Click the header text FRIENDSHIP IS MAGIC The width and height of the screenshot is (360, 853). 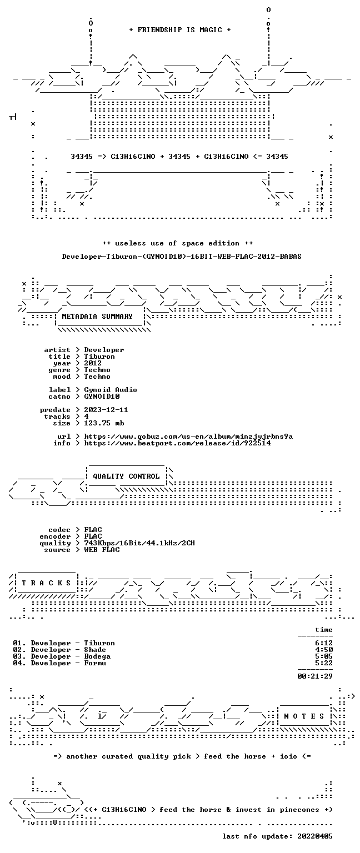(x=180, y=29)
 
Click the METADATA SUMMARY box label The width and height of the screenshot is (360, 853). (x=97, y=317)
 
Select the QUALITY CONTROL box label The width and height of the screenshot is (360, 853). (x=126, y=476)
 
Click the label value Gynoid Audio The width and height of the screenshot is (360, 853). (x=111, y=390)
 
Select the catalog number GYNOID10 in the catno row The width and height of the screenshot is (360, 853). (x=102, y=397)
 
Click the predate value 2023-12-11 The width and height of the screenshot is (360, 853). (x=106, y=410)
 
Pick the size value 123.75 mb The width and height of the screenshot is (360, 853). (x=104, y=423)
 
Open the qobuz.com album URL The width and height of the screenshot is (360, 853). (x=188, y=436)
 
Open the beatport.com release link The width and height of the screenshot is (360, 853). (x=178, y=443)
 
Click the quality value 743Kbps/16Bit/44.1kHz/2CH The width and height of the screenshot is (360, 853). (x=139, y=543)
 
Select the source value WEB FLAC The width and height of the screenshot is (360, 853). (x=102, y=550)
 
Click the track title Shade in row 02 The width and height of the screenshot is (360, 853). (x=95, y=650)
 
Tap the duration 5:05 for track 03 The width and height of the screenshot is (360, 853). (x=324, y=656)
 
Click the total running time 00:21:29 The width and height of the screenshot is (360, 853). (x=315, y=676)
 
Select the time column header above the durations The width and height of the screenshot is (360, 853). (x=324, y=630)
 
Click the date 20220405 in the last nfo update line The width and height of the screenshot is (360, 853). (x=315, y=836)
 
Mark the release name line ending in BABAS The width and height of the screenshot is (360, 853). (x=182, y=257)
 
